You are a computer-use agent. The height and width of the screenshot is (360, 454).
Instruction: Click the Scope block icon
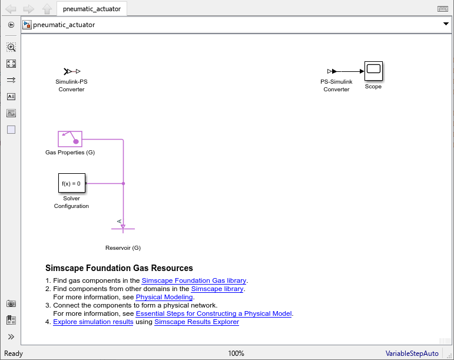[x=373, y=71]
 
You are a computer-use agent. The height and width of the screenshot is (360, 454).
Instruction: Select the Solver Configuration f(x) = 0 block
[x=72, y=183]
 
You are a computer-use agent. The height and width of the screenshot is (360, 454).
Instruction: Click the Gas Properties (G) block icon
[x=70, y=139]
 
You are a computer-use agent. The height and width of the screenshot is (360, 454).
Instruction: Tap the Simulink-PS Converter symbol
[x=72, y=71]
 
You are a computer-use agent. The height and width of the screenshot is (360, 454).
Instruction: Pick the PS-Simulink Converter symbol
[x=332, y=71]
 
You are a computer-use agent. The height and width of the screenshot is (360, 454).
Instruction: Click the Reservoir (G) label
[x=123, y=248]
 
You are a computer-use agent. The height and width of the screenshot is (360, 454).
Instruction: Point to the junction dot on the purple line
[x=123, y=183]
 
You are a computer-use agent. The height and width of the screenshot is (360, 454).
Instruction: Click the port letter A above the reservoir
[x=120, y=222]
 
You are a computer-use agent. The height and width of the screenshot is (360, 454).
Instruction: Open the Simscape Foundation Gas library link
[x=194, y=280]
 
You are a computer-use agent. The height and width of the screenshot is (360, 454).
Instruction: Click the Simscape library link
[x=217, y=289]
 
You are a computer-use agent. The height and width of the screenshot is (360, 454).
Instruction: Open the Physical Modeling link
[x=164, y=297]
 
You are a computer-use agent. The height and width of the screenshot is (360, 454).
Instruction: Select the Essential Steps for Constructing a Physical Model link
[x=214, y=313]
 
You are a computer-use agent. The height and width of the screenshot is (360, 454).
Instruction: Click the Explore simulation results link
[x=93, y=322]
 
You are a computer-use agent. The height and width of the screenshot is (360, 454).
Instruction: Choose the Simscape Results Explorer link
[x=197, y=322]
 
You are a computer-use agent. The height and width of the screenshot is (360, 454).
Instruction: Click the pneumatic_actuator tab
[x=92, y=9]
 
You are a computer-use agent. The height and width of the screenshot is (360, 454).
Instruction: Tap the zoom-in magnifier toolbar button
[x=11, y=47]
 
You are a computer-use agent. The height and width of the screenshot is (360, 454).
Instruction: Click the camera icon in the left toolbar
[x=11, y=303]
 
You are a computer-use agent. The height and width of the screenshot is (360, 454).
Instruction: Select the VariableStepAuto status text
[x=412, y=354]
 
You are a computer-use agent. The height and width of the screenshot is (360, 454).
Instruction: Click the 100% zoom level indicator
[x=236, y=354]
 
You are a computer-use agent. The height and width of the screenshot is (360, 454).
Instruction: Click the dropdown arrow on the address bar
[x=446, y=24]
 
